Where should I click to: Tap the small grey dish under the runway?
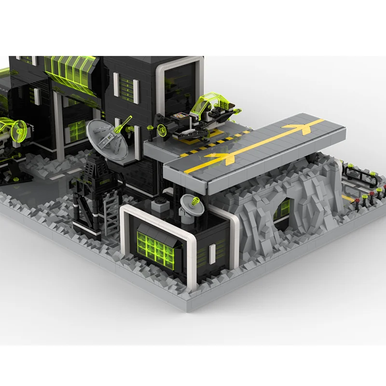(x=190, y=202)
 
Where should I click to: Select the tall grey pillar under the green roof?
(x=59, y=121)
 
